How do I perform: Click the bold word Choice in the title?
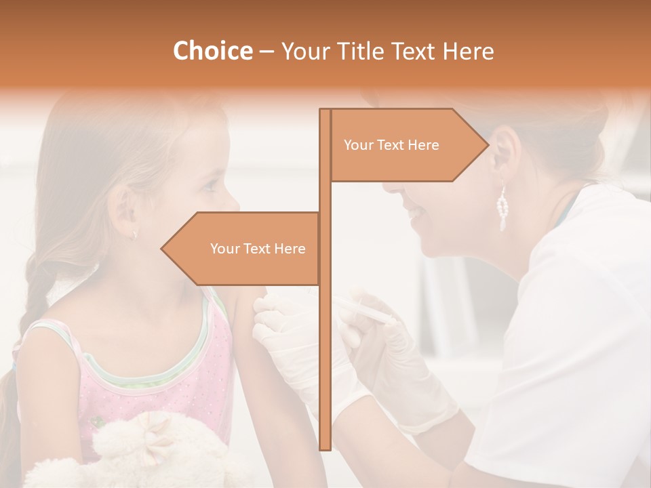pyautogui.click(x=212, y=51)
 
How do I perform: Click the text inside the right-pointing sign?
pyautogui.click(x=391, y=145)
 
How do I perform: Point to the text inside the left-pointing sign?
pyautogui.click(x=258, y=249)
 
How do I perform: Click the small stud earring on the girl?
pyautogui.click(x=134, y=234)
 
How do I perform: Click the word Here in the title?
pyautogui.click(x=468, y=51)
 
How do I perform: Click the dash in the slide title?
pyautogui.click(x=267, y=51)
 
